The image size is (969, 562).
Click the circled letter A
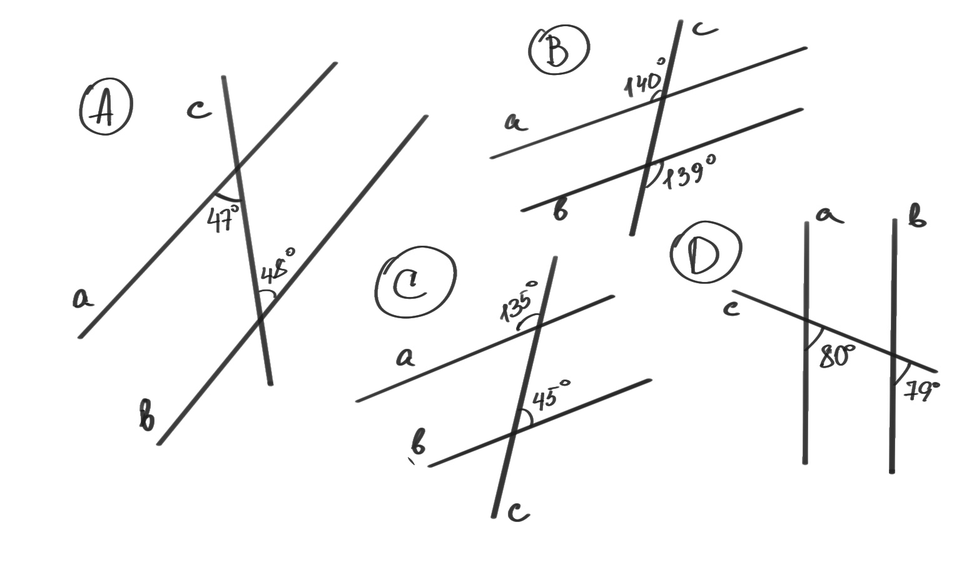tap(106, 107)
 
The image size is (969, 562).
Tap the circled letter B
tap(559, 49)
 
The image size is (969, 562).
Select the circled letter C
tap(415, 281)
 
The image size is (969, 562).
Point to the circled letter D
tap(706, 252)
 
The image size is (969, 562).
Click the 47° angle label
tap(223, 218)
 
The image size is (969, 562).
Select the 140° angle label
tap(644, 79)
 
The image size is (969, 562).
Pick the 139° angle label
tap(689, 172)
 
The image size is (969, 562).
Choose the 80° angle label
tap(837, 356)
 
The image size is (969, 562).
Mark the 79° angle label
tap(921, 392)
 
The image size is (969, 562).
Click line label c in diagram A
tap(199, 110)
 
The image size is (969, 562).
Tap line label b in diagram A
tap(146, 415)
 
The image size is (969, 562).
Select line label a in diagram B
tap(516, 122)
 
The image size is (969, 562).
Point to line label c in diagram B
tap(704, 28)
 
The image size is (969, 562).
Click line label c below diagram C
tap(519, 513)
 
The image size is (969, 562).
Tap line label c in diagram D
tap(731, 309)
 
